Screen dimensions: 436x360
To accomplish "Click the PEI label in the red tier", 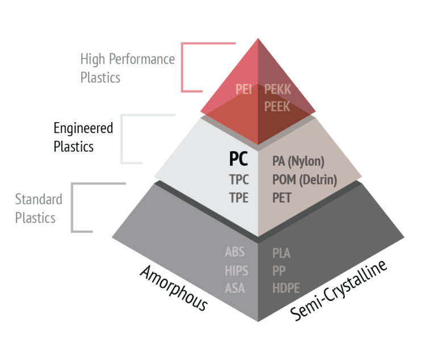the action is pos(244,89).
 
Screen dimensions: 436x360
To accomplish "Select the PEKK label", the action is pos(278,89).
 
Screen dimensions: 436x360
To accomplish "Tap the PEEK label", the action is pos(277,107).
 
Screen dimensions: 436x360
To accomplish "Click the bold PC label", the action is pos(238,159).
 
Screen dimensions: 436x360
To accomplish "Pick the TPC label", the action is pos(239,179).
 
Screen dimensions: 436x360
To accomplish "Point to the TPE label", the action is pos(238,198).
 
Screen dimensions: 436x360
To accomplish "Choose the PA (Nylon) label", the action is pos(299,161).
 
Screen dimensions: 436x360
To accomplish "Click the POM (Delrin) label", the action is pos(305,180).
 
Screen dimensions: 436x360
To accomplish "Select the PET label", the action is pos(282,198).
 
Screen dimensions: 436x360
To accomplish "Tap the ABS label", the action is pos(234,252).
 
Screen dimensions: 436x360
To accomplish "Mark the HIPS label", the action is pos(236,271).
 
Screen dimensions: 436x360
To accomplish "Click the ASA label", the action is pos(234,288).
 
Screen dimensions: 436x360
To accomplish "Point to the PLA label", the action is pos(282,253).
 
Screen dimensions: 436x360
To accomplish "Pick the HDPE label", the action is pos(286,288).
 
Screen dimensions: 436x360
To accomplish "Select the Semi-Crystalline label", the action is pos(338,290).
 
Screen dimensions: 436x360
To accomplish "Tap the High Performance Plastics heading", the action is pos(128,68).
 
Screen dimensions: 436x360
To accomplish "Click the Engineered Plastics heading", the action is pos(83,137).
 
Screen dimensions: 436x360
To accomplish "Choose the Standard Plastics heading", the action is pos(39,208).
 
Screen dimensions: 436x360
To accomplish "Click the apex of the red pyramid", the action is pos(258,39).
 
